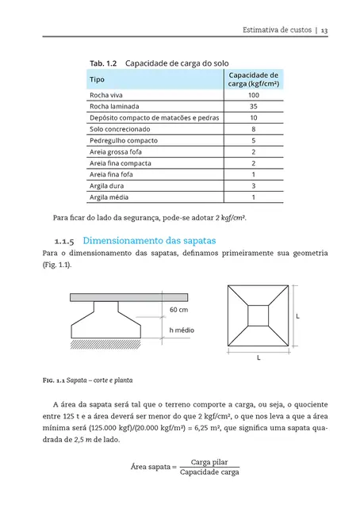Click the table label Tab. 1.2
coord(103,62)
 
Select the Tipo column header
coord(98,80)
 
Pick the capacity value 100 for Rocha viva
coord(253,94)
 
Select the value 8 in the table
coord(253,128)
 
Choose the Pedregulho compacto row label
coord(119,139)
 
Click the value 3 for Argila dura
coord(253,185)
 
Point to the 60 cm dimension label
coord(178,309)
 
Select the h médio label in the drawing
coord(182,329)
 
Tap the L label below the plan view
coord(259,357)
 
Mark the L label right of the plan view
coord(297,316)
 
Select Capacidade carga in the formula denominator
coord(209,472)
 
